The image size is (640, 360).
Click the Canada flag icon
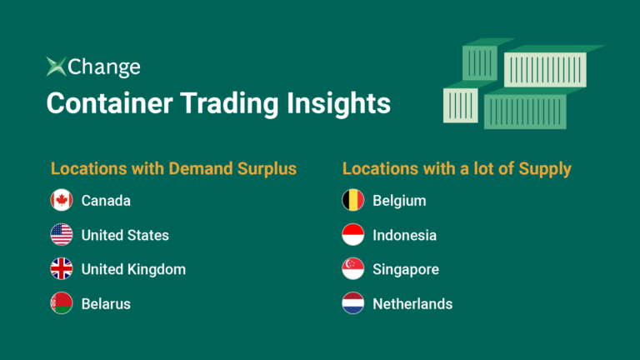point(62,200)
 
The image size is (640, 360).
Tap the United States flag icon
point(62,235)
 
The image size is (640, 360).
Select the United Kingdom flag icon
point(62,269)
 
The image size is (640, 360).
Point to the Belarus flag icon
point(62,303)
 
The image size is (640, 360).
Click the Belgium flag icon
point(353,200)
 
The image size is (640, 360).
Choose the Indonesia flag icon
point(353,235)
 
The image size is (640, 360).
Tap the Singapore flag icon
point(353,269)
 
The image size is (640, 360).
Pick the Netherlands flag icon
point(353,303)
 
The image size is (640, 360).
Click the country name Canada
point(106,201)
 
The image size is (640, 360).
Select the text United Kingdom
point(133,269)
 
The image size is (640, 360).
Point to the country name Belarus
point(106,304)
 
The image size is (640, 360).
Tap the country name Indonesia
point(404,236)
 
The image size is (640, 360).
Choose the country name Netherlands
point(412,304)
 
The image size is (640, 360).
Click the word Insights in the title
point(338,104)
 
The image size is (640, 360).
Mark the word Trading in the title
point(230,104)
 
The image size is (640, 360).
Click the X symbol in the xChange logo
point(56,67)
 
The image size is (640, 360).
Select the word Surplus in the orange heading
point(267,169)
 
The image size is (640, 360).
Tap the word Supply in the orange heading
point(545,169)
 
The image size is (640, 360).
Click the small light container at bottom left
point(460,105)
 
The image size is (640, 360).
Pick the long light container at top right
point(545,69)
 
